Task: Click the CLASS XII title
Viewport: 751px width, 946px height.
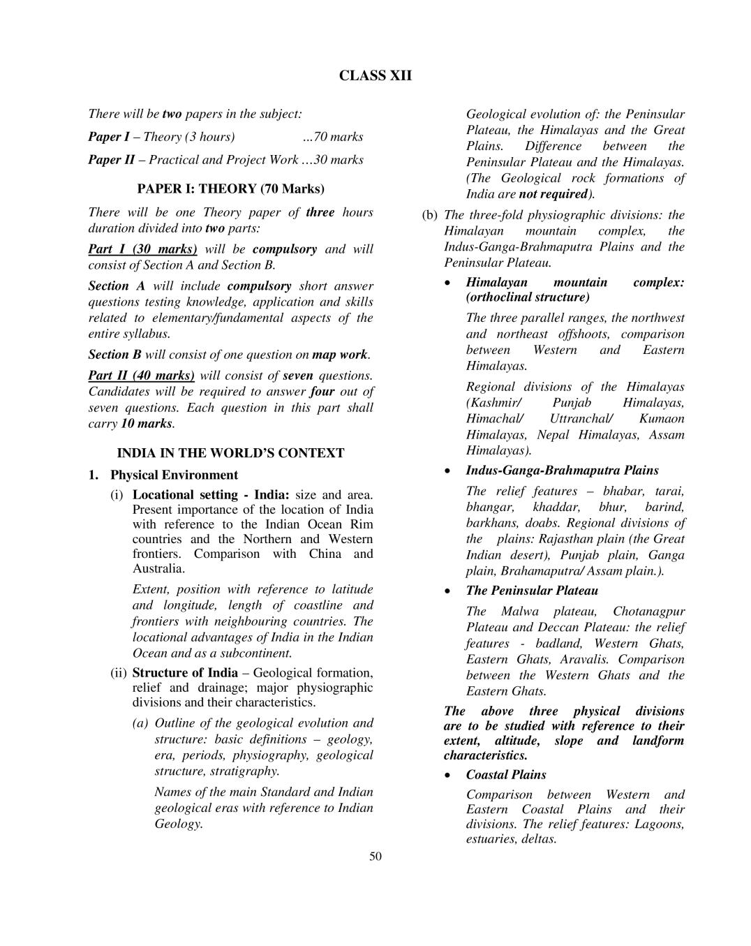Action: pos(376,76)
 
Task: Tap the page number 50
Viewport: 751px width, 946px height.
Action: pos(376,857)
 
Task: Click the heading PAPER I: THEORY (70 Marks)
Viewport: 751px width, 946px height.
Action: pos(231,189)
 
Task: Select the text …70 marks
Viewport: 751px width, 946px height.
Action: pos(333,137)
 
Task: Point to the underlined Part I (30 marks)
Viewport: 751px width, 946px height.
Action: pos(143,249)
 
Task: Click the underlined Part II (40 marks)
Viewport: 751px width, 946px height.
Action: pos(142,376)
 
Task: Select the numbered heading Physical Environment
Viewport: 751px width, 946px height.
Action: pos(174,475)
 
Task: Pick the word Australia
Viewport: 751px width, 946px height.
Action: pos(158,568)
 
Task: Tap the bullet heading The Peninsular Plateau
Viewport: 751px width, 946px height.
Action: pos(532,591)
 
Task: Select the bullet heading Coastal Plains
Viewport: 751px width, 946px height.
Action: pos(506,775)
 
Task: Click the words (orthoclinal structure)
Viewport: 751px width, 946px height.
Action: pos(528,297)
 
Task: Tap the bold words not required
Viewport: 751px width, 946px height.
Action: pos(553,194)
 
